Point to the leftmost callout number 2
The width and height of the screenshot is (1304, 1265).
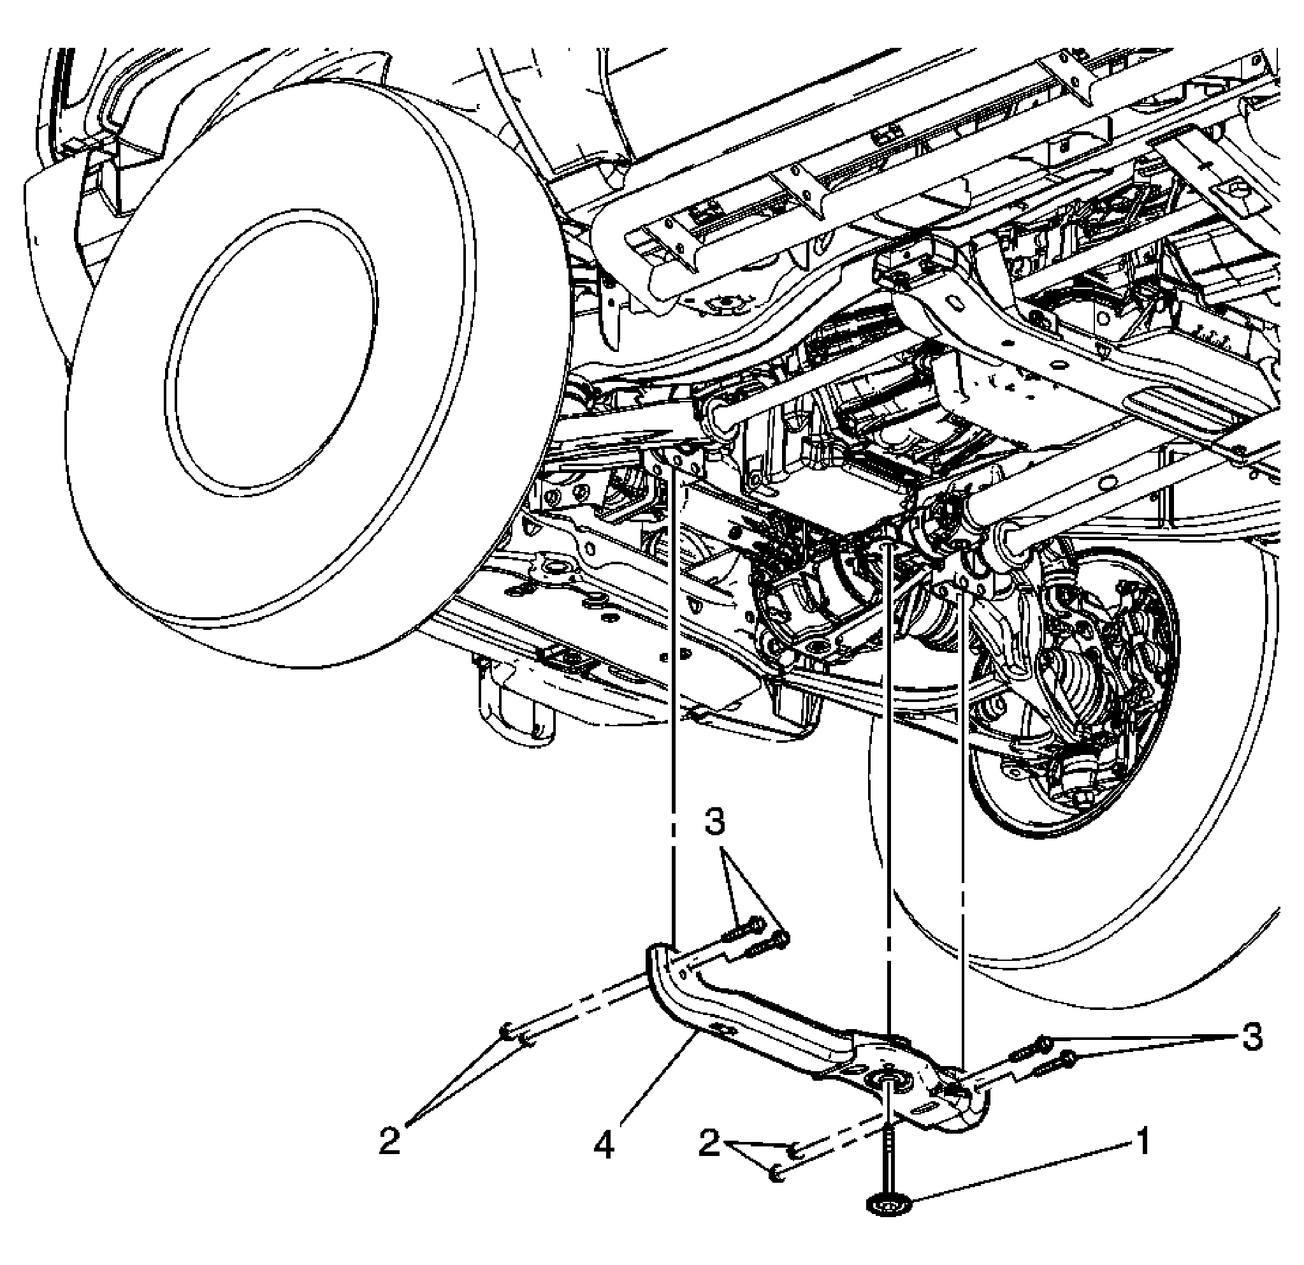(390, 1141)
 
